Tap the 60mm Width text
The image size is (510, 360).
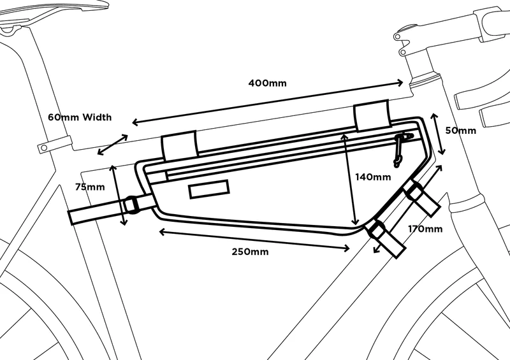pos(80,117)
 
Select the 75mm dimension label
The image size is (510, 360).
pos(89,187)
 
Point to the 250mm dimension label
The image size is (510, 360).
pos(250,251)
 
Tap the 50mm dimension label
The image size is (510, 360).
pos(460,131)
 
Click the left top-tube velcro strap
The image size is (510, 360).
pos(179,147)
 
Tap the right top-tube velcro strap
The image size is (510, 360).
pos(372,115)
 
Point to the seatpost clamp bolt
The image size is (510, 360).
pos(43,147)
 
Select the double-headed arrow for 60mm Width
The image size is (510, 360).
pos(112,145)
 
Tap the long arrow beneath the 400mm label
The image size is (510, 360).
pos(268,102)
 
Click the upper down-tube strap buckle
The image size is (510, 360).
pos(414,191)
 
